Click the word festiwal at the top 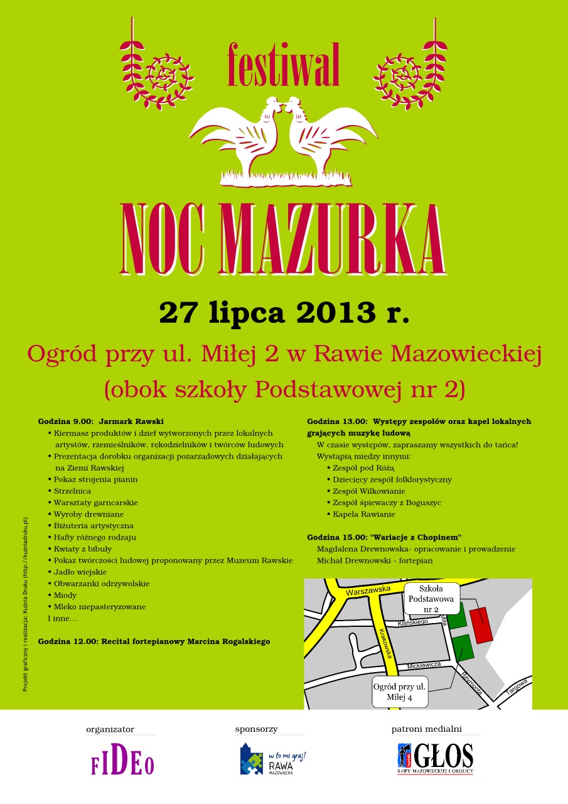(284, 65)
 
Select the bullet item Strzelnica (72, 491)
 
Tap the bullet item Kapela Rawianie (364, 514)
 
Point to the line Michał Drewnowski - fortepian (375, 560)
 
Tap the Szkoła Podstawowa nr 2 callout (431, 599)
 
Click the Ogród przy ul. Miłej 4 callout (399, 692)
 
